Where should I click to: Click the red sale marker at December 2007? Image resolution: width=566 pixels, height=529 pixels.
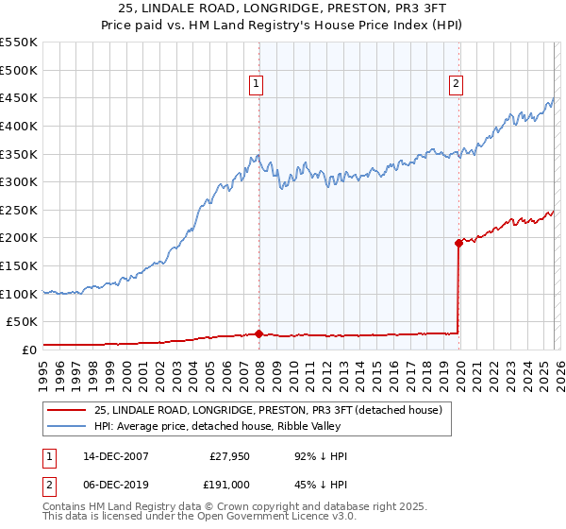pyautogui.click(x=258, y=333)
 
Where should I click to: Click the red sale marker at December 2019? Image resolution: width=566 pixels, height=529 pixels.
pyautogui.click(x=458, y=243)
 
